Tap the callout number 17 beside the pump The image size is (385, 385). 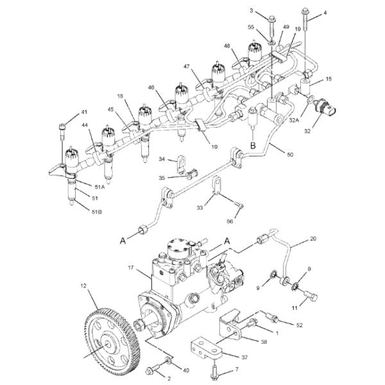131,268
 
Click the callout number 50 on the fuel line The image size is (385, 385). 290,155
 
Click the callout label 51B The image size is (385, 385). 96,211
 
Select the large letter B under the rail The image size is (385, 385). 253,146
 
